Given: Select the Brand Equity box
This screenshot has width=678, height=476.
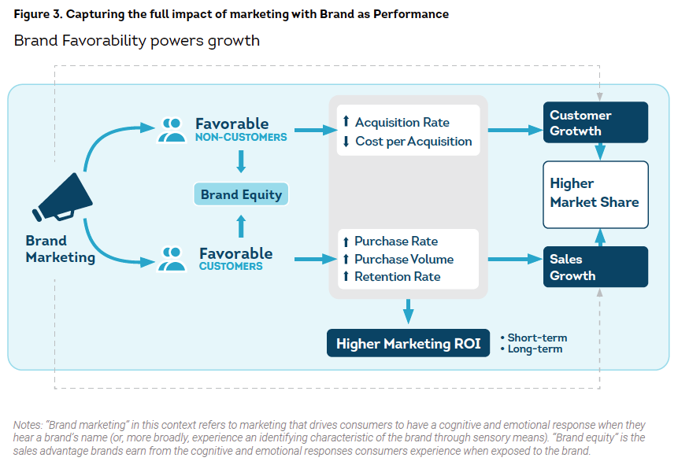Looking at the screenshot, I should coord(241,194).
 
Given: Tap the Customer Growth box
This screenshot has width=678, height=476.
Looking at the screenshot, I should coord(595,123).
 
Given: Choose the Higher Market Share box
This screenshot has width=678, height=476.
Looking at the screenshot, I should coord(595,193).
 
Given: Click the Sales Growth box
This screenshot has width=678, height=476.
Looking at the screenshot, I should coord(595,267).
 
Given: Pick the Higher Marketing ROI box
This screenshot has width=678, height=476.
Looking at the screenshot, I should coord(408,344).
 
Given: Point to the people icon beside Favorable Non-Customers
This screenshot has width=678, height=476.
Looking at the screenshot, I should coord(172,128).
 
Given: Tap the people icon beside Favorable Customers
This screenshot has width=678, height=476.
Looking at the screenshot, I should coord(172,258).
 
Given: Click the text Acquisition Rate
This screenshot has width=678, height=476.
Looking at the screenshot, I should coord(402,123).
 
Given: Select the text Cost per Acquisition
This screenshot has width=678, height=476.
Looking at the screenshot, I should coord(413,142).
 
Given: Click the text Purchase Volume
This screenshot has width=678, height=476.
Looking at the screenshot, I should coord(404,259).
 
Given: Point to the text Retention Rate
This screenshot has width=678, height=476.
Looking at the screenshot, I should coord(398,276).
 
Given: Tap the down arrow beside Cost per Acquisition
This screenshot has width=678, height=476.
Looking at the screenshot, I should coord(346,142).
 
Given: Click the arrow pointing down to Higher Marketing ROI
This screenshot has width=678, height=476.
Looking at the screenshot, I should coord(408,311).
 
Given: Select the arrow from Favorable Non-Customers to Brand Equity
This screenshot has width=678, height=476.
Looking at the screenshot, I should coord(241,162).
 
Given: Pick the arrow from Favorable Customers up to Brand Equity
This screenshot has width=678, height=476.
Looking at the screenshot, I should coord(241,227).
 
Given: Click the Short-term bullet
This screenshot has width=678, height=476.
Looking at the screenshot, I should coord(536,338).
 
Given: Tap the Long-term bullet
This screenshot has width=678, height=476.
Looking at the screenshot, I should coord(535,349).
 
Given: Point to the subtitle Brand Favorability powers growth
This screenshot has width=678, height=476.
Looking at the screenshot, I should coord(137,41).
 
